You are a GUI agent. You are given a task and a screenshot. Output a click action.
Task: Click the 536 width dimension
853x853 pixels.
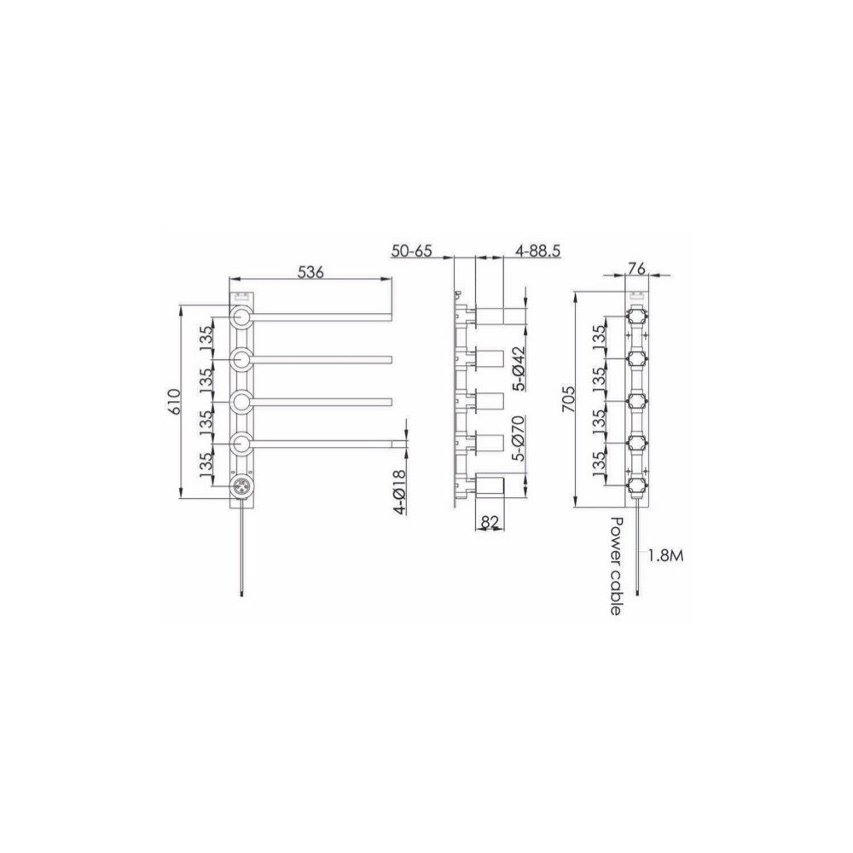click(310, 271)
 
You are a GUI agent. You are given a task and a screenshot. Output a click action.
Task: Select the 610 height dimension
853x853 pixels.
click(174, 402)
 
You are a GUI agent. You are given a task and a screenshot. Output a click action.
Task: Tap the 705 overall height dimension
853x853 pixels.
click(568, 400)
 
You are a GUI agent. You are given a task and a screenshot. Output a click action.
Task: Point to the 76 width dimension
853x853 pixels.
click(640, 269)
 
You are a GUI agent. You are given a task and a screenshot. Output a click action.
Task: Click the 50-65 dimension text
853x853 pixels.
click(411, 251)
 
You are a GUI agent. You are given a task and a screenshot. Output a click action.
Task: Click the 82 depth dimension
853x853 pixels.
click(490, 522)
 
